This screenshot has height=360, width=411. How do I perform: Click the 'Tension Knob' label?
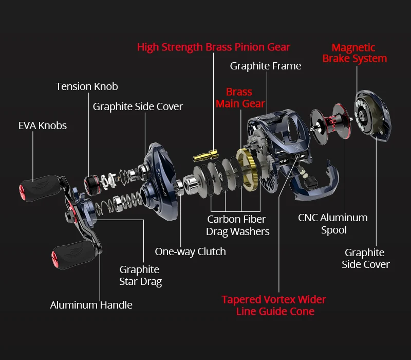click(87, 86)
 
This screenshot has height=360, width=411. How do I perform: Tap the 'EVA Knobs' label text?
click(43, 125)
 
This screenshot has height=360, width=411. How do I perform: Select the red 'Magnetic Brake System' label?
click(354, 53)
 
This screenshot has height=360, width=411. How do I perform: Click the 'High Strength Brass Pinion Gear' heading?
click(214, 47)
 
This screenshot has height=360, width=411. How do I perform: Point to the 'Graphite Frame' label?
click(266, 66)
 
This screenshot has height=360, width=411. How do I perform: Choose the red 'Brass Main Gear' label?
click(240, 98)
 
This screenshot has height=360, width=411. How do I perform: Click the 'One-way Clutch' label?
click(190, 251)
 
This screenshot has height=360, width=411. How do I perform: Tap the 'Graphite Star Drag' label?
click(140, 275)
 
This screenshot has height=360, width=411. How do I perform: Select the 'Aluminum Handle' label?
click(91, 305)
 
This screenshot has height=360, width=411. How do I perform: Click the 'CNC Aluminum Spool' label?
click(333, 224)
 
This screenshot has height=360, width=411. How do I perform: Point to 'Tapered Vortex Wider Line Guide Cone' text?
click(274, 305)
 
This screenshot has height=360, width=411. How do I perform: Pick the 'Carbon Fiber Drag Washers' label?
click(237, 225)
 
